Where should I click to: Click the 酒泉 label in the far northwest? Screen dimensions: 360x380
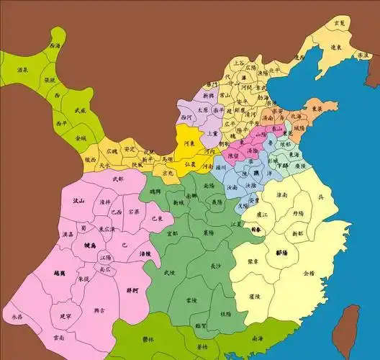click(x=22, y=70)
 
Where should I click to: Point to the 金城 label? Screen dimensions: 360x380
click(x=80, y=137)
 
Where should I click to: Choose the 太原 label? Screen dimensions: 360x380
click(x=204, y=110)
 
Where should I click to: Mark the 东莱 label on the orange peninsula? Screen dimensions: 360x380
click(x=315, y=111)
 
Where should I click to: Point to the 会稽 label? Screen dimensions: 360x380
click(x=309, y=273)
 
